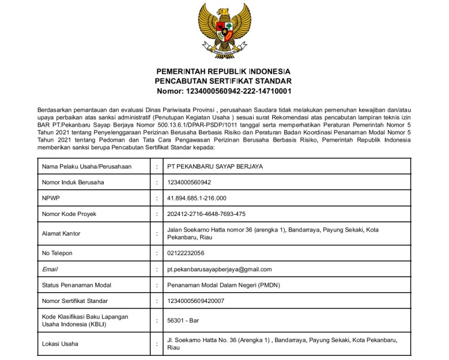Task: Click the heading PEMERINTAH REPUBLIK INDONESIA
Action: coord(223,70)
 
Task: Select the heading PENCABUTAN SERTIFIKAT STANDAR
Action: coord(223,81)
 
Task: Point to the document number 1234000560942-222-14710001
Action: coord(223,92)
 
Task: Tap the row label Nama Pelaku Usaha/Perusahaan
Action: coord(86,166)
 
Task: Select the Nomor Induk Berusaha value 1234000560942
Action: coord(189,182)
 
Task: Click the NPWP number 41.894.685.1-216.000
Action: coord(197,198)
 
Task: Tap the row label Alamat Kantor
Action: coord(61,233)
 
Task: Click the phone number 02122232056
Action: coord(186,253)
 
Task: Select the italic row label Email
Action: coord(49,269)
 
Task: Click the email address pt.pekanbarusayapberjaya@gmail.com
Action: coord(219,269)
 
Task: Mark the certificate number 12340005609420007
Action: coord(195,301)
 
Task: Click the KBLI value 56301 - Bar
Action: coord(183,320)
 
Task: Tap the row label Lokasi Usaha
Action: coord(60,344)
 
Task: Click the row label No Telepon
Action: coord(57,253)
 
